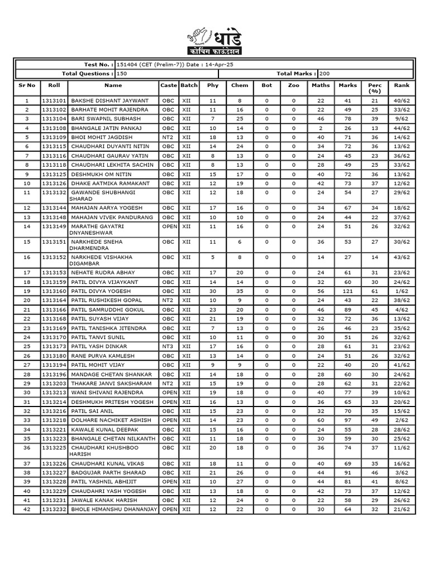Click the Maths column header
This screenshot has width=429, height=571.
[x=321, y=85]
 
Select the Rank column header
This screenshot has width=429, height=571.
[x=402, y=85]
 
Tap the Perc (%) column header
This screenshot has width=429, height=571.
[x=374, y=88]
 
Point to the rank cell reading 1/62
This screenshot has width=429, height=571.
[x=402, y=291]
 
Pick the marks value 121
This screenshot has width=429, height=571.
[x=347, y=291]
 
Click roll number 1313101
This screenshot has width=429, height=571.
[x=54, y=101]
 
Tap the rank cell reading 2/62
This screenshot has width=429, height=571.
[x=402, y=420]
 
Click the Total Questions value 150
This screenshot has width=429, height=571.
[x=122, y=74]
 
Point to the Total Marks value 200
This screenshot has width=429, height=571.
[x=326, y=74]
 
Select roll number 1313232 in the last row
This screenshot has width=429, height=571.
[x=54, y=509]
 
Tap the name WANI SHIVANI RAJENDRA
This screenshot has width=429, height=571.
[x=106, y=393]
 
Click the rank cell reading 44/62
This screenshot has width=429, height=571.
[x=402, y=128]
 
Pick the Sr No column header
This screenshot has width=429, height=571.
[x=27, y=85]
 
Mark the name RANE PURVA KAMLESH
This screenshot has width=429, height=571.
[x=103, y=356]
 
